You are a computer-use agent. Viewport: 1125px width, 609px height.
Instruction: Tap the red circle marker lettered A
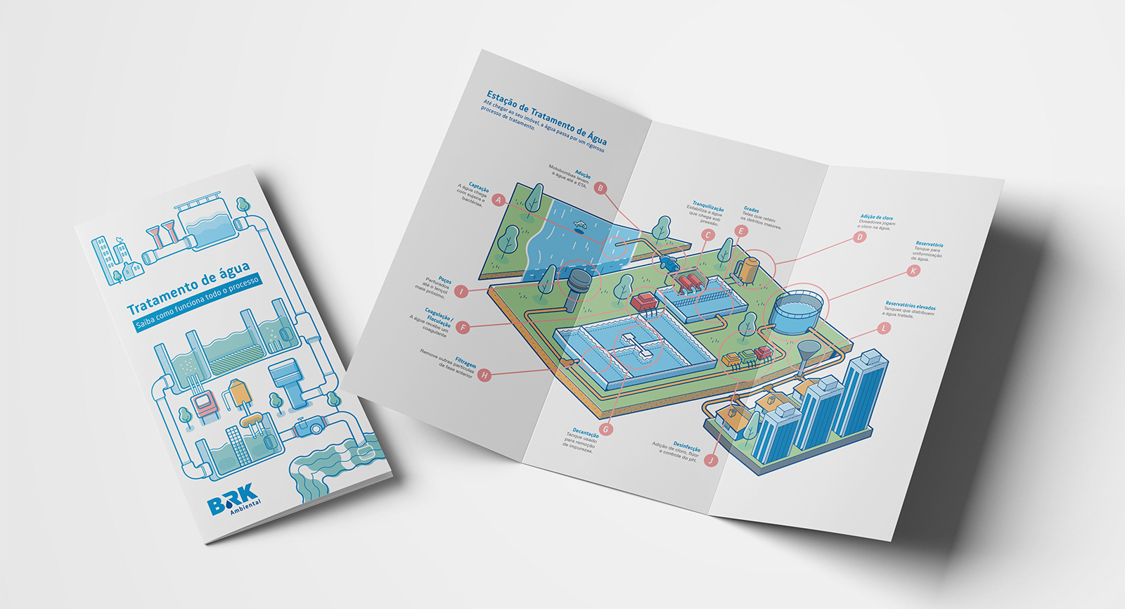coord(499,200)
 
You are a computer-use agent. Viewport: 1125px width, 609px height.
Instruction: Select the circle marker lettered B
coord(600,188)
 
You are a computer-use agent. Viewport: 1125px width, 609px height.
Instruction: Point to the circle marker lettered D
coord(859,237)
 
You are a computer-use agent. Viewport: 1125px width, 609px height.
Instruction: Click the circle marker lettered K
coord(913,270)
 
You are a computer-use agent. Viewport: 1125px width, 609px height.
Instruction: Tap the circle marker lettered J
coord(712,461)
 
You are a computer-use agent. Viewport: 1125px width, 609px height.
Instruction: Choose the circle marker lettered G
coord(606,429)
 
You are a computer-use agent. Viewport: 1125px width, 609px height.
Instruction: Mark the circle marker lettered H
coord(484,376)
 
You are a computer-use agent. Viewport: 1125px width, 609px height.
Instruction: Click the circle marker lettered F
coord(463,328)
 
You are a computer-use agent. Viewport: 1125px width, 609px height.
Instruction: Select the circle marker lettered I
coord(461,291)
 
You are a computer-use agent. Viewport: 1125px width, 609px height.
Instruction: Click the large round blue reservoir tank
coord(799,311)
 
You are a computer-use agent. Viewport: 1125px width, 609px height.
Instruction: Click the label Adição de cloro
coord(877,218)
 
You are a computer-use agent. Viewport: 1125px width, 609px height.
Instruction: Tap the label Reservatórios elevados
coord(911,306)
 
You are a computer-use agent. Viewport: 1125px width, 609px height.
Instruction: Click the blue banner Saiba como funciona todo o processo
coord(198,302)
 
